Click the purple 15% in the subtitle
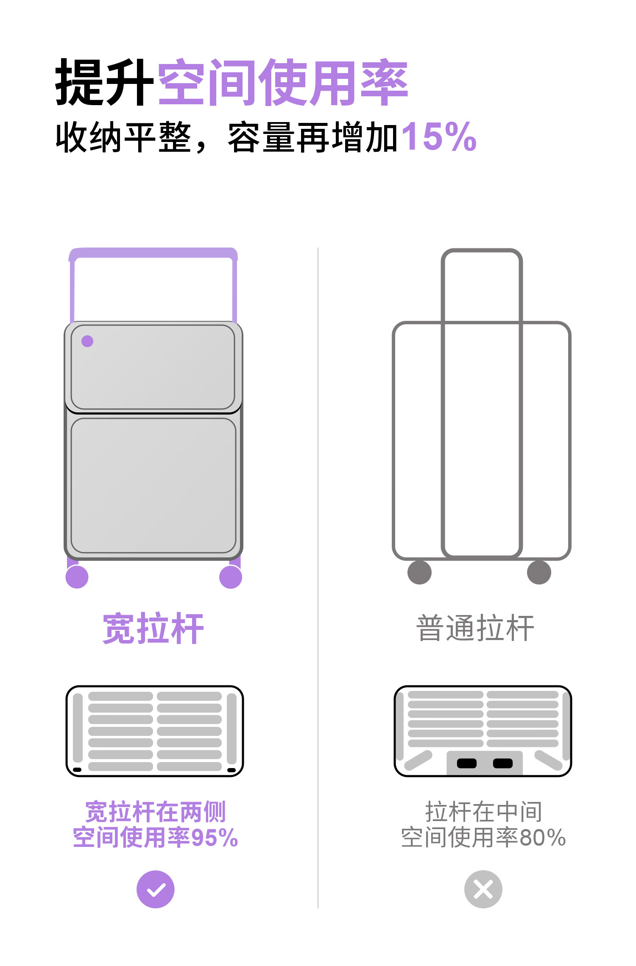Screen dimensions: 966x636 [x=439, y=136]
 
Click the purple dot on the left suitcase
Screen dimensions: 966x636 [x=87, y=341]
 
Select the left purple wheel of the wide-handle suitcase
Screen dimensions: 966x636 [x=77, y=577]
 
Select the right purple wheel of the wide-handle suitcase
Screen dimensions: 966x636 [x=231, y=577]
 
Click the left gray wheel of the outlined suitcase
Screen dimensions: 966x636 [x=419, y=572]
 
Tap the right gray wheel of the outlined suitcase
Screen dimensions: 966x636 [x=539, y=572]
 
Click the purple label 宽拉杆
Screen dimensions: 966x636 [x=153, y=629]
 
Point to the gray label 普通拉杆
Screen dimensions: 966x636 [x=475, y=628]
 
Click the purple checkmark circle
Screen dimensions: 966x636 [x=156, y=889]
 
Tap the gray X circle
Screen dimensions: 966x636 [x=483, y=889]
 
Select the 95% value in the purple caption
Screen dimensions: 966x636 [x=215, y=838]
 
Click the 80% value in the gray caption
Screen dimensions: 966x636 [x=543, y=838]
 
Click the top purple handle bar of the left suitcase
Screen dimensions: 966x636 [x=153, y=253]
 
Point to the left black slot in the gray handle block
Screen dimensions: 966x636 [x=467, y=763]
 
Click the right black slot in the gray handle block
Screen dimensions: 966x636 [x=503, y=763]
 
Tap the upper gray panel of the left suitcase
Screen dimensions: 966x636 [x=153, y=367]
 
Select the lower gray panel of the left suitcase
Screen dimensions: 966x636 [x=153, y=485]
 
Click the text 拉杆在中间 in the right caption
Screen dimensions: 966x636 [x=483, y=812]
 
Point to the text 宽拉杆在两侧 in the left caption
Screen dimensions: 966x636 [x=155, y=812]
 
